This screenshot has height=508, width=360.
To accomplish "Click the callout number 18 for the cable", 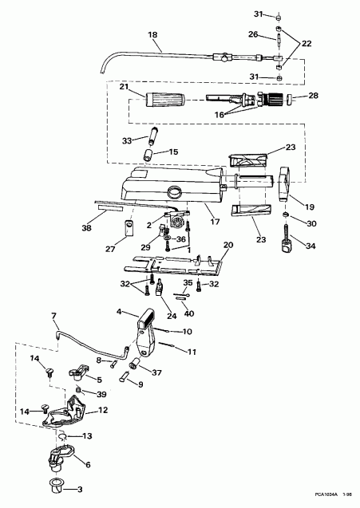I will click(152, 36).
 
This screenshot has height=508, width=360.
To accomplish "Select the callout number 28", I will click(313, 96).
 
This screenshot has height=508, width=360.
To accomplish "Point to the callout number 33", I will click(128, 140).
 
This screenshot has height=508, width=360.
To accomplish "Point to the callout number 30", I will click(313, 223).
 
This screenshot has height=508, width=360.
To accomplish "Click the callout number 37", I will click(156, 372).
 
